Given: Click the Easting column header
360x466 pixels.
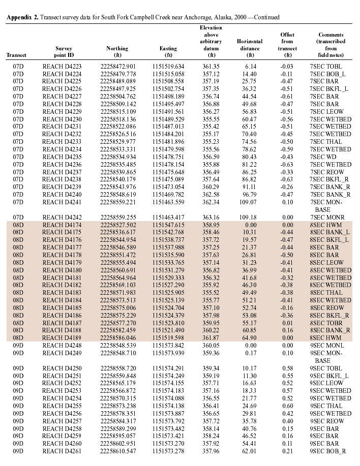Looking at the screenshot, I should (168, 48).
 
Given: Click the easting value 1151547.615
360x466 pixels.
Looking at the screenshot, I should (168, 210).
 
